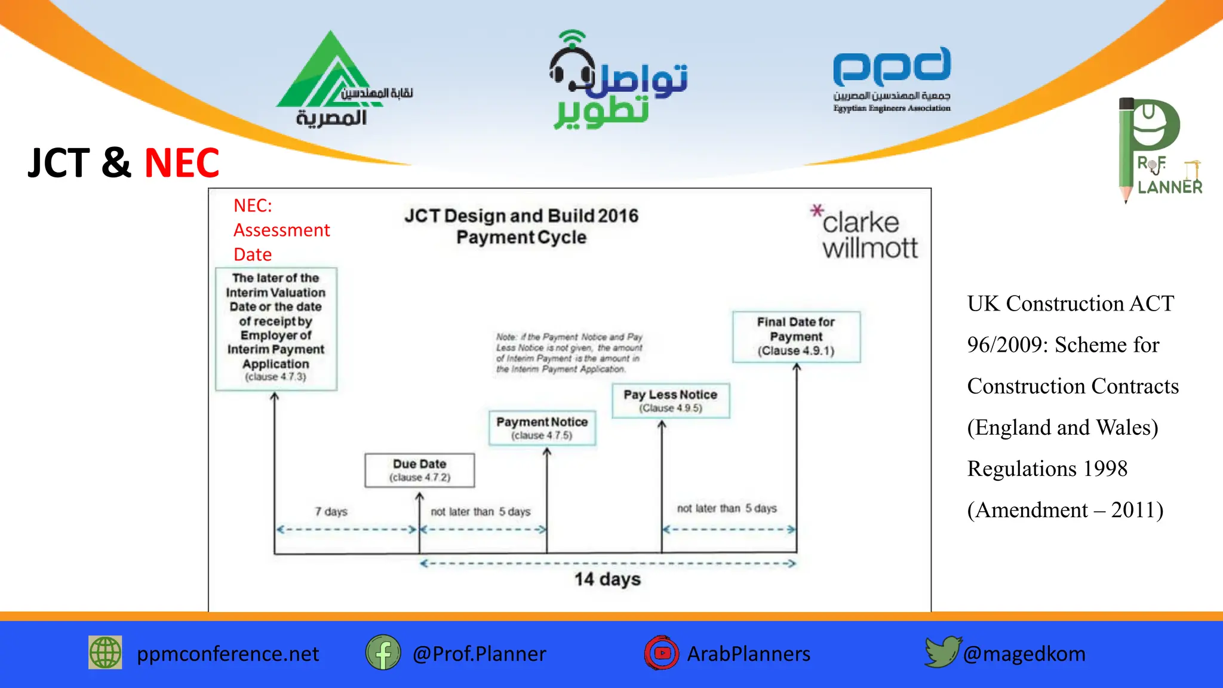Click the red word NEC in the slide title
182,163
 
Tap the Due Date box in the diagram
420,470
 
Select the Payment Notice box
542,428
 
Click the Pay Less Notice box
670,400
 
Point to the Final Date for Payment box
796,336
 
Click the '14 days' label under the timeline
607,579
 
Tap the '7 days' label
331,512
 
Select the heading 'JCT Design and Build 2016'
521,216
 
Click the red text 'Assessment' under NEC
281,230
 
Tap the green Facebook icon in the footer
383,653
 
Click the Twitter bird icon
942,652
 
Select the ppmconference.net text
228,654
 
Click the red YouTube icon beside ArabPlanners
661,653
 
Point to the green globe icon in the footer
106,652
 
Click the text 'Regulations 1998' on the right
1047,469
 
